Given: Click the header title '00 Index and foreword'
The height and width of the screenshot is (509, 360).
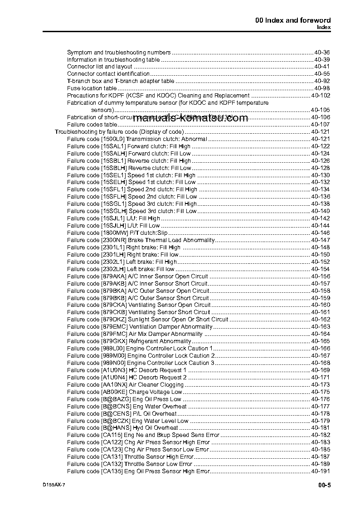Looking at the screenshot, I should [293, 20].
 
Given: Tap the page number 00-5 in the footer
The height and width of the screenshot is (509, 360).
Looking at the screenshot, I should [324, 485].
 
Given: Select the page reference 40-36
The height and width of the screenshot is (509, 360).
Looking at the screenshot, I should [322, 53].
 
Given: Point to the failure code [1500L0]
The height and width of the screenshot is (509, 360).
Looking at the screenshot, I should [112, 139].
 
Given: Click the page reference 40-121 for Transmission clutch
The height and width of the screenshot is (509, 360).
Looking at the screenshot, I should [321, 139].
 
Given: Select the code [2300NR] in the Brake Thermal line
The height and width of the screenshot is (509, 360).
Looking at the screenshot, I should [113, 240].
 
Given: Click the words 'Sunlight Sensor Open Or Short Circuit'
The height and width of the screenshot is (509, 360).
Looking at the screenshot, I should [179, 320].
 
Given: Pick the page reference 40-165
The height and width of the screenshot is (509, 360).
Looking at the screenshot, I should [321, 341].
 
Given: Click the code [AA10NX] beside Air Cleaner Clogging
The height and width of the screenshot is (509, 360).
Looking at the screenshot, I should [114, 385].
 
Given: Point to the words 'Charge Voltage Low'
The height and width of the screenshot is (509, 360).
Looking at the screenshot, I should [156, 392].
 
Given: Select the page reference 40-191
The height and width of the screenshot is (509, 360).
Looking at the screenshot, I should [321, 471].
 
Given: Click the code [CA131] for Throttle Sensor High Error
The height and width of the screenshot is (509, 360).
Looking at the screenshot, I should [112, 457].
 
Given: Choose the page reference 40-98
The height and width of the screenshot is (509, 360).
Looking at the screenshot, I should [322, 88].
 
